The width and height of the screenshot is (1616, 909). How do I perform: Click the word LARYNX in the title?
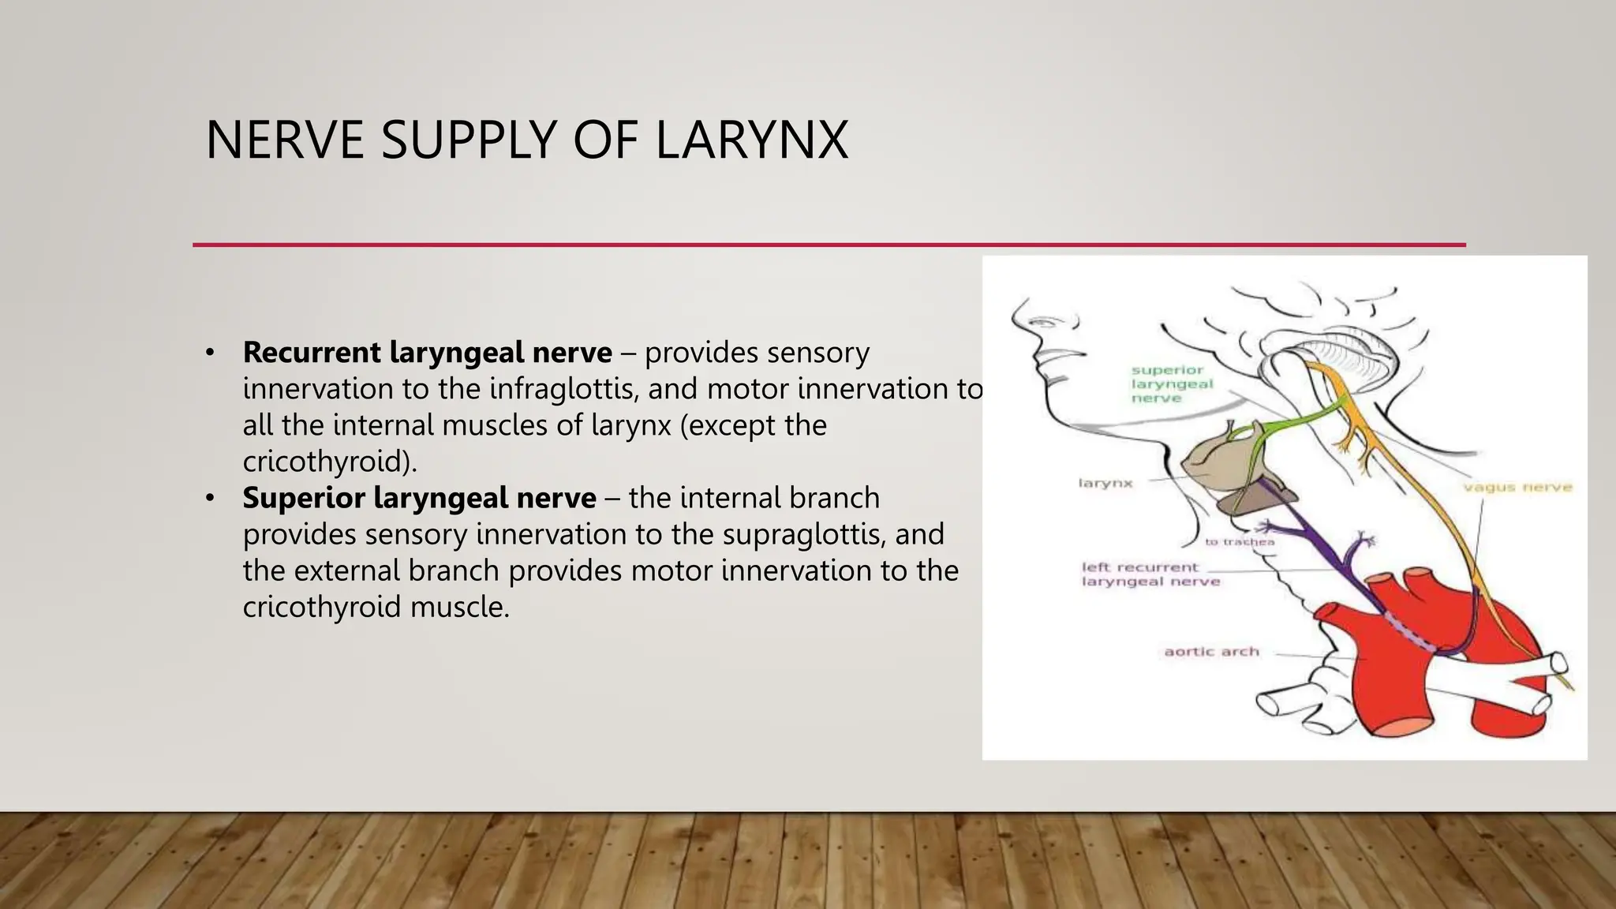[x=751, y=140]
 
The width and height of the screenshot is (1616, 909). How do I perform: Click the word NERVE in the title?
[x=285, y=140]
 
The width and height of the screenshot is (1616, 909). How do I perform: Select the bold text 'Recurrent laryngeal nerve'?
[x=427, y=352]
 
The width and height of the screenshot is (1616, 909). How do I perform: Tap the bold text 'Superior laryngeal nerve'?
[x=419, y=498]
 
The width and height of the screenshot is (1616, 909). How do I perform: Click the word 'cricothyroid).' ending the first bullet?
[x=329, y=462]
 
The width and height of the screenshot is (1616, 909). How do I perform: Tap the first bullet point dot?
[x=209, y=353]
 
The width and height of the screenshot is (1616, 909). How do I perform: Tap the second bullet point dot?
[x=209, y=499]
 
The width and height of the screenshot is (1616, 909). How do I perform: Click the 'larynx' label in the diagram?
[x=1105, y=483]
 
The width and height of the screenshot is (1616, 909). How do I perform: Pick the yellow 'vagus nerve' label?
[x=1517, y=488]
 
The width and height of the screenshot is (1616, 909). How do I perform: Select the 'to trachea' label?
[x=1239, y=542]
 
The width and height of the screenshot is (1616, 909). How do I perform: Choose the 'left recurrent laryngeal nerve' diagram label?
[x=1150, y=574]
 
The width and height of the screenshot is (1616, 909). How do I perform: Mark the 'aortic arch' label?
[x=1211, y=652]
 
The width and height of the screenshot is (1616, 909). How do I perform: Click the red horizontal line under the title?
[x=829, y=245]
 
